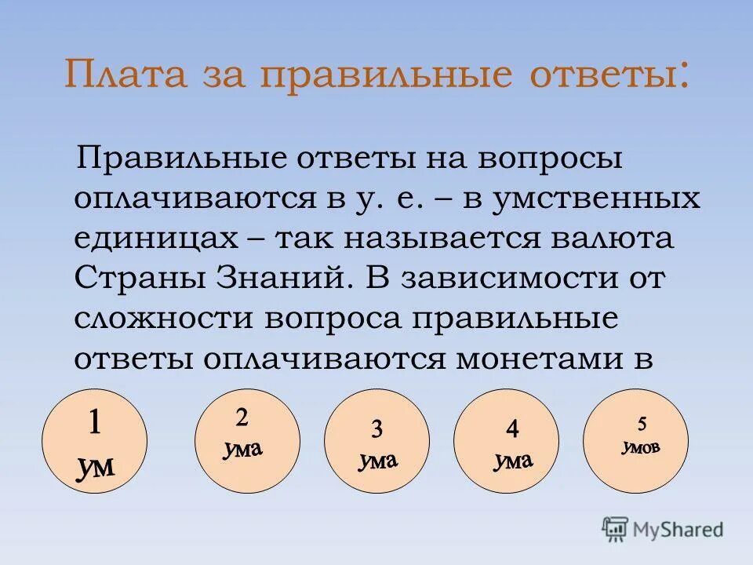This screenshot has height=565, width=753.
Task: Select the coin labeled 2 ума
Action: coord(246,441)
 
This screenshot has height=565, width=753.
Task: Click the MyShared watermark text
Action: coord(679,529)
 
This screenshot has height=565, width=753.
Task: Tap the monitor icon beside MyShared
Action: coord(616,528)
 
